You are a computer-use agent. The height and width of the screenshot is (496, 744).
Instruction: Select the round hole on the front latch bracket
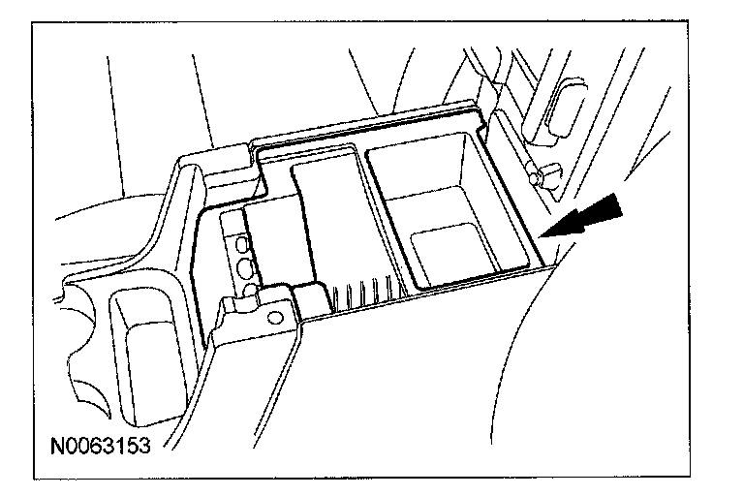click(x=275, y=317)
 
